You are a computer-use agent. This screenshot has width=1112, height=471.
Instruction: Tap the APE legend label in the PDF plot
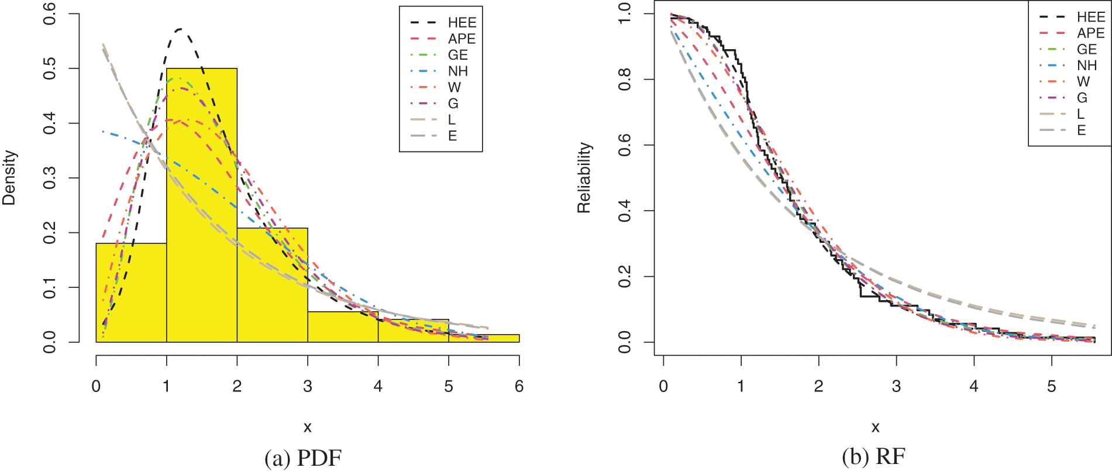tap(462, 39)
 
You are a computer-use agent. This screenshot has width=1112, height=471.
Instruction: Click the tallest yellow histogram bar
tap(202, 205)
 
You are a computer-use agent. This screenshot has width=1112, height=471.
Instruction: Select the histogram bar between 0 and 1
tap(131, 293)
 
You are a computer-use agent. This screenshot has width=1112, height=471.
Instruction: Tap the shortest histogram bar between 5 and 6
tap(484, 338)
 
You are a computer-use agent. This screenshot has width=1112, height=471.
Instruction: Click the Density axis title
tap(9, 177)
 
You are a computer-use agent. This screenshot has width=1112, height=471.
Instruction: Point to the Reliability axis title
tap(584, 177)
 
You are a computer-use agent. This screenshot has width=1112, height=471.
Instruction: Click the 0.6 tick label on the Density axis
tap(50, 14)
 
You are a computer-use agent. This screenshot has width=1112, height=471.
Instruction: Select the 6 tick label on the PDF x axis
tap(519, 386)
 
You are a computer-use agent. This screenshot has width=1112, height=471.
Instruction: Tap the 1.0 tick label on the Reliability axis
tap(625, 14)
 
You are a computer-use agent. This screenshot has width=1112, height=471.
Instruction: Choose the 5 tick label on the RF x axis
tap(1051, 386)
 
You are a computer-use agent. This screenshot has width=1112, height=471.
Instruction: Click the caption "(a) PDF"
tap(303, 458)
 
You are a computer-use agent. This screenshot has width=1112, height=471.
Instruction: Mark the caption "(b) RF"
tap(874, 457)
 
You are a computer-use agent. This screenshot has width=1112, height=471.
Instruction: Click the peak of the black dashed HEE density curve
tap(181, 29)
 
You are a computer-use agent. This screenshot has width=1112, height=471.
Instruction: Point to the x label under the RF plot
tap(875, 427)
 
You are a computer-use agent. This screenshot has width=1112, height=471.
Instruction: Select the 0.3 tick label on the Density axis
tap(50, 178)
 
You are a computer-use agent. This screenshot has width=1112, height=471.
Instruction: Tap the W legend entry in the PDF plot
tap(454, 88)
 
